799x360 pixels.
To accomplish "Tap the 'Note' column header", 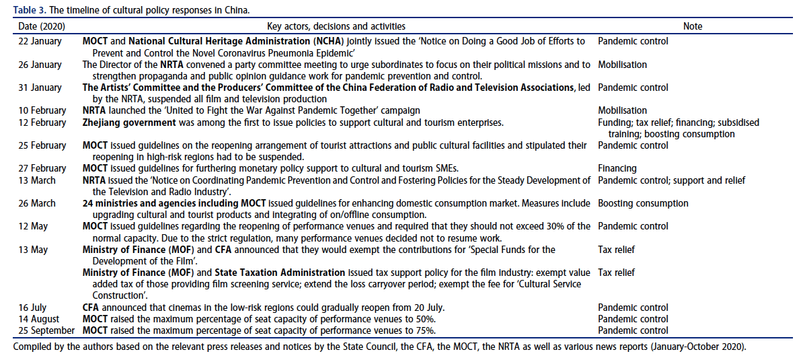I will (x=692, y=26).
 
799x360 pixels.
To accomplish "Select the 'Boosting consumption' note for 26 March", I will (x=643, y=203).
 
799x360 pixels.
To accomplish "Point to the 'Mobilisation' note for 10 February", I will (x=623, y=110).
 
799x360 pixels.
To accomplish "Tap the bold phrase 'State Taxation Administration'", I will (x=280, y=273).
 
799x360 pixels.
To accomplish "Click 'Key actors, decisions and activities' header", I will (x=336, y=26).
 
